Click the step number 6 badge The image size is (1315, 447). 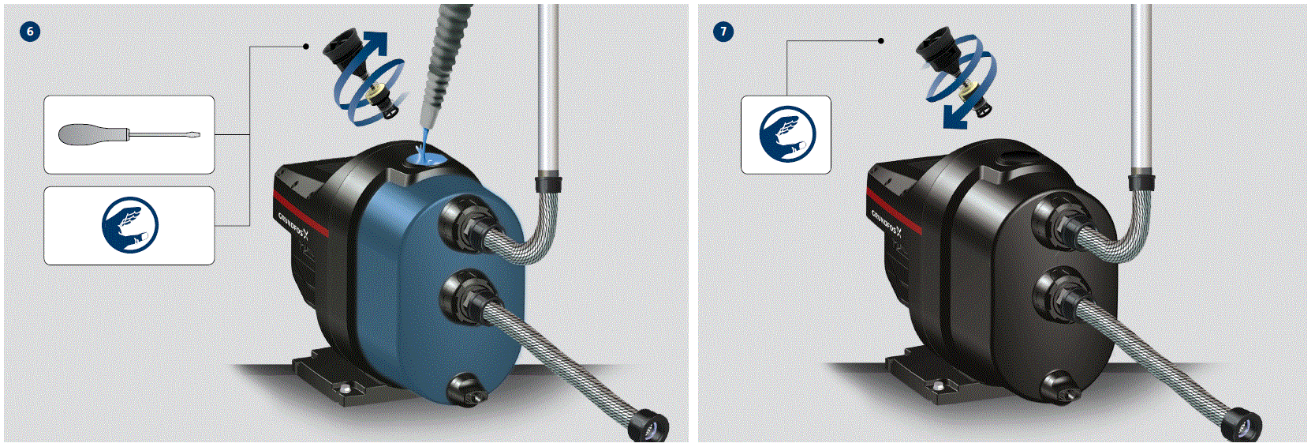(30, 32)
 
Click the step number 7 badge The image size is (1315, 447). (723, 32)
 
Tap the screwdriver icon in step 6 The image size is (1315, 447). (129, 134)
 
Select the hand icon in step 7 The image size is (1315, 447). (786, 134)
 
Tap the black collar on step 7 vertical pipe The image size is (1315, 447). (1141, 183)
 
